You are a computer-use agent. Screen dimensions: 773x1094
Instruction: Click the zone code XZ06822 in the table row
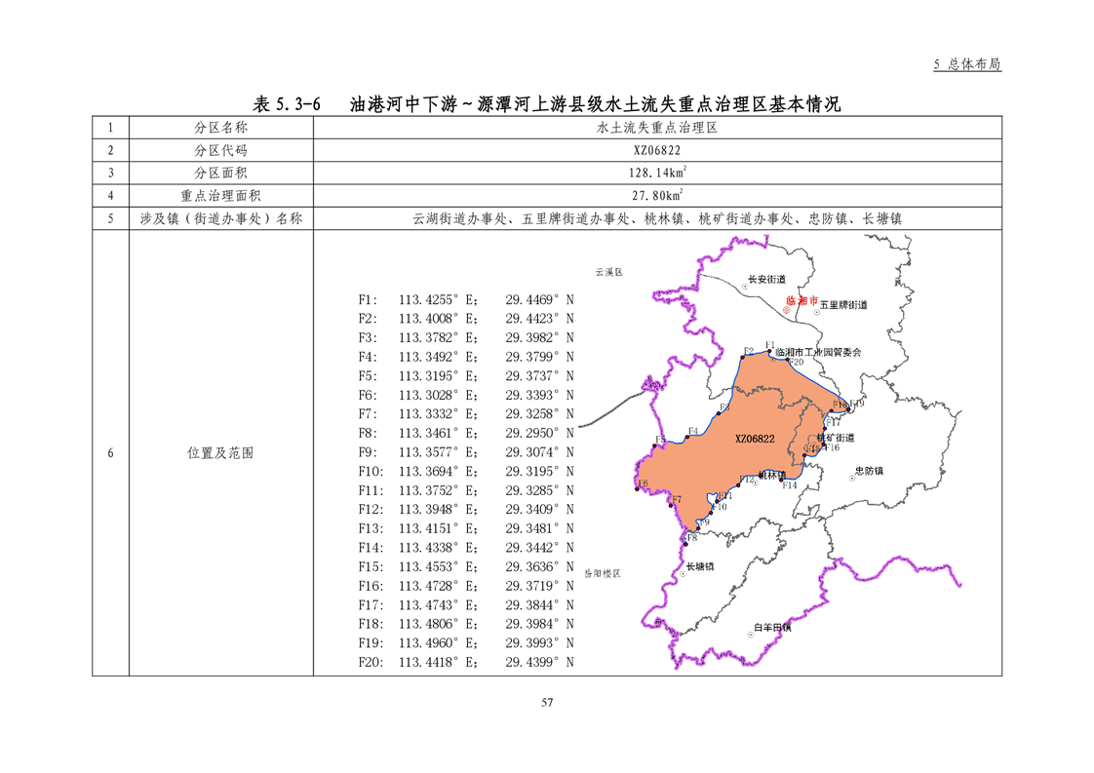click(x=656, y=151)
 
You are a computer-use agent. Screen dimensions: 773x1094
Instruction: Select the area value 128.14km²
click(x=656, y=173)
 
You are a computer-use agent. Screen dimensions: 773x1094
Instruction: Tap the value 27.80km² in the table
click(x=656, y=195)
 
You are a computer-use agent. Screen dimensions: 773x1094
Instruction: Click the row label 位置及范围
click(x=220, y=453)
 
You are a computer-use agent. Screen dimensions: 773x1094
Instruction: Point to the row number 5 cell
click(x=111, y=218)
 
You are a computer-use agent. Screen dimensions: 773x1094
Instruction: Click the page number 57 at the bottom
click(x=547, y=703)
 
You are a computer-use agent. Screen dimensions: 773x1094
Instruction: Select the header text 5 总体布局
click(x=967, y=64)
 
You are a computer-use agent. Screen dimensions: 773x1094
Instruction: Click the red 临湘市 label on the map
click(x=801, y=301)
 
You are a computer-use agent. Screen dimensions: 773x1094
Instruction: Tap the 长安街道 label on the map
click(x=765, y=279)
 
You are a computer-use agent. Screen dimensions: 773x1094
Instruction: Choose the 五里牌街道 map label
click(x=843, y=305)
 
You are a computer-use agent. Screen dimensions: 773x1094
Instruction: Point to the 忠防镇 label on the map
click(x=868, y=471)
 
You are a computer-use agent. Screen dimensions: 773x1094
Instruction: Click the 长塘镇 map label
click(x=700, y=566)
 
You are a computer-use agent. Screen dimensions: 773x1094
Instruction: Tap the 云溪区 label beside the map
click(x=609, y=272)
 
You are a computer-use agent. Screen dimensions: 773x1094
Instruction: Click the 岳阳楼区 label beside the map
click(x=603, y=574)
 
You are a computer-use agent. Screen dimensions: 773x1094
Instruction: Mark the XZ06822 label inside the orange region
click(x=755, y=440)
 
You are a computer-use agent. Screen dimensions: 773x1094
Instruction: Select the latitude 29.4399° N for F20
click(x=539, y=663)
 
